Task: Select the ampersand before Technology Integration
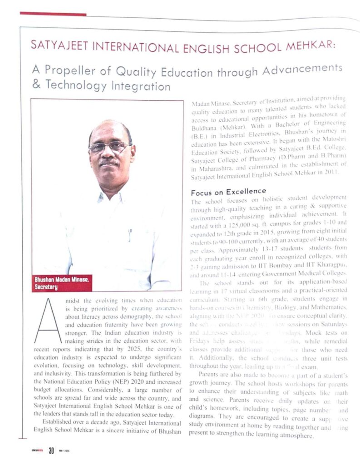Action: [x=36, y=85]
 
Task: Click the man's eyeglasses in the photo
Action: [x=108, y=146]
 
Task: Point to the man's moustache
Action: [x=108, y=161]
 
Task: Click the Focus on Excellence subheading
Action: [x=228, y=192]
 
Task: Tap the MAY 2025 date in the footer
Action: [x=64, y=451]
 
